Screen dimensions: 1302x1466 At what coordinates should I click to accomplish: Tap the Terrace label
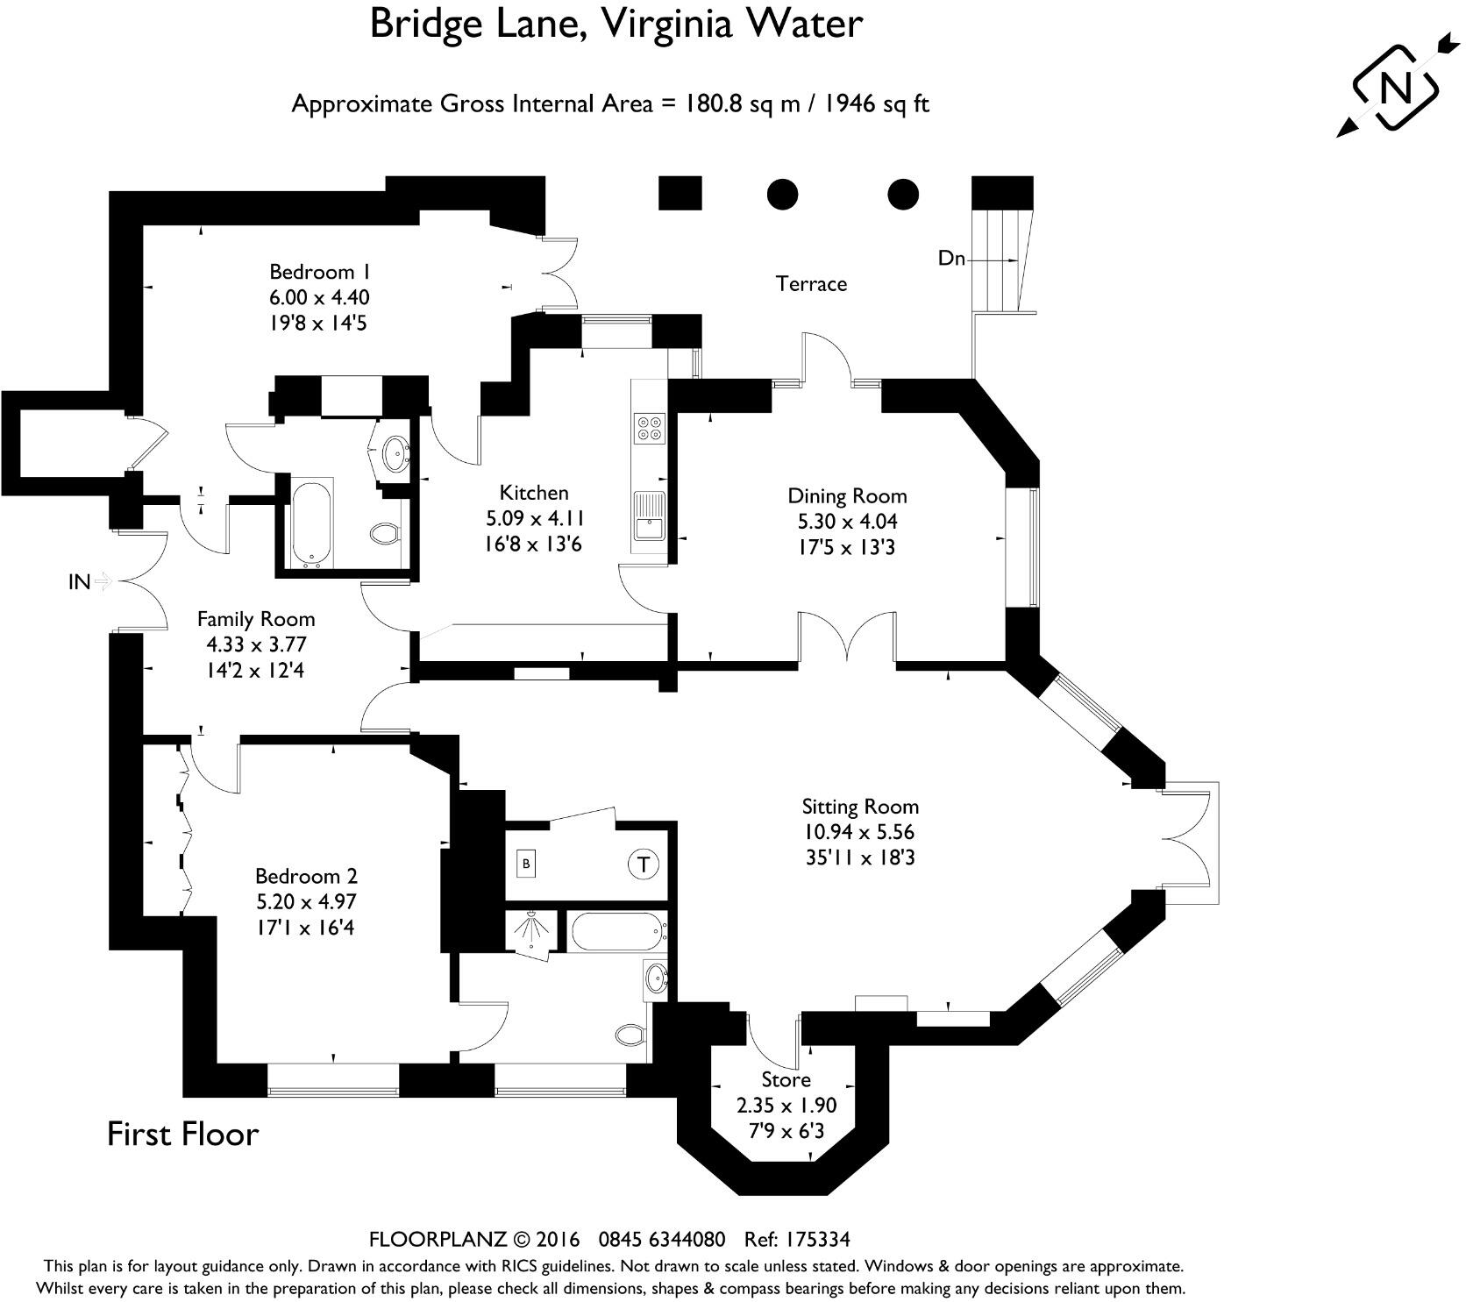[811, 284]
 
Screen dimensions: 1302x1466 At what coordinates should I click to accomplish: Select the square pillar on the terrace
[680, 193]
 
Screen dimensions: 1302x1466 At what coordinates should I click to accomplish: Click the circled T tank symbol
[644, 864]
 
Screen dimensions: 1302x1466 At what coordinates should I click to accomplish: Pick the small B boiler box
[526, 864]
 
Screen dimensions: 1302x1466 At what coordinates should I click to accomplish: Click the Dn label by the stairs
[951, 259]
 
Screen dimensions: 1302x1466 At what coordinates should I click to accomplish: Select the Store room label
[786, 1079]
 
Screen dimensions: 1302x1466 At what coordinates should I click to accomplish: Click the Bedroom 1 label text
[319, 271]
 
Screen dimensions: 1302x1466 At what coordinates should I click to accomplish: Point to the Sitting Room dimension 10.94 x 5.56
[859, 832]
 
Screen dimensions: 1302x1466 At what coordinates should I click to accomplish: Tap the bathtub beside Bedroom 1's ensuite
[311, 523]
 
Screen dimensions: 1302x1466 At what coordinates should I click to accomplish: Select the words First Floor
[182, 1135]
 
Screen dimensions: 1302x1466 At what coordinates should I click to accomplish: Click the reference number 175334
[808, 1240]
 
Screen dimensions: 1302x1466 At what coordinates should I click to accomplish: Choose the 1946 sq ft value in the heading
[876, 104]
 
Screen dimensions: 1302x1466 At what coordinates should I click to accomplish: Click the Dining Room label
[847, 496]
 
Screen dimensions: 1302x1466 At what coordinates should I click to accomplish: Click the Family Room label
[255, 619]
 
